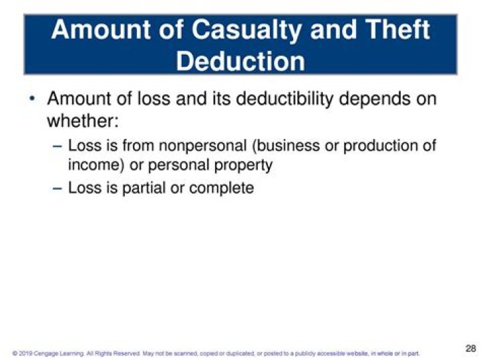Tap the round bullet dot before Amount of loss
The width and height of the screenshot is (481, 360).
pyautogui.click(x=32, y=100)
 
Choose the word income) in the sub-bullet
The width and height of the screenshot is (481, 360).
pyautogui.click(x=94, y=164)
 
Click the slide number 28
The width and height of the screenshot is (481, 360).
pyautogui.click(x=470, y=349)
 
